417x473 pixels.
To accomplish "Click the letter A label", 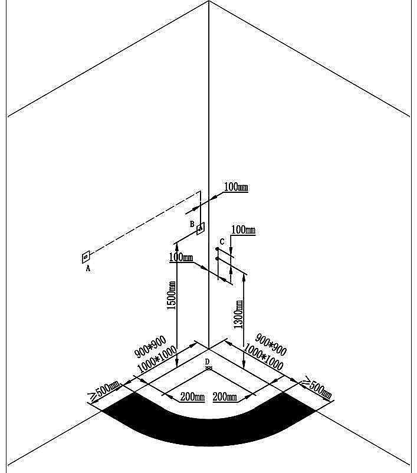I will tap(88, 268).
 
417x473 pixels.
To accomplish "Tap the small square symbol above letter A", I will tap(86, 257).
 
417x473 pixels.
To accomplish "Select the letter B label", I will tap(192, 224).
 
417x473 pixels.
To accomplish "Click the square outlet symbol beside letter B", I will tap(201, 228).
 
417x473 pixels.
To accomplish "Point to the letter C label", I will tap(222, 241).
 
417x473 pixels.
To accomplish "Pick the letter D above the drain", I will tap(207, 361).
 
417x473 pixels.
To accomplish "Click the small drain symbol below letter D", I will tap(209, 368).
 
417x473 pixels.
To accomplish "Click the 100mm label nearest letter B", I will tap(236, 188).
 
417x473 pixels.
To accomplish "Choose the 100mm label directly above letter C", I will tap(243, 229).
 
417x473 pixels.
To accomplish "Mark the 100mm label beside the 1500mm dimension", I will tap(181, 258).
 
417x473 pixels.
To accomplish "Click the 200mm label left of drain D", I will tap(192, 396).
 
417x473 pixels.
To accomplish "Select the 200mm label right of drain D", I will tap(225, 396).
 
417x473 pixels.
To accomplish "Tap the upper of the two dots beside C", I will tap(218, 249).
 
